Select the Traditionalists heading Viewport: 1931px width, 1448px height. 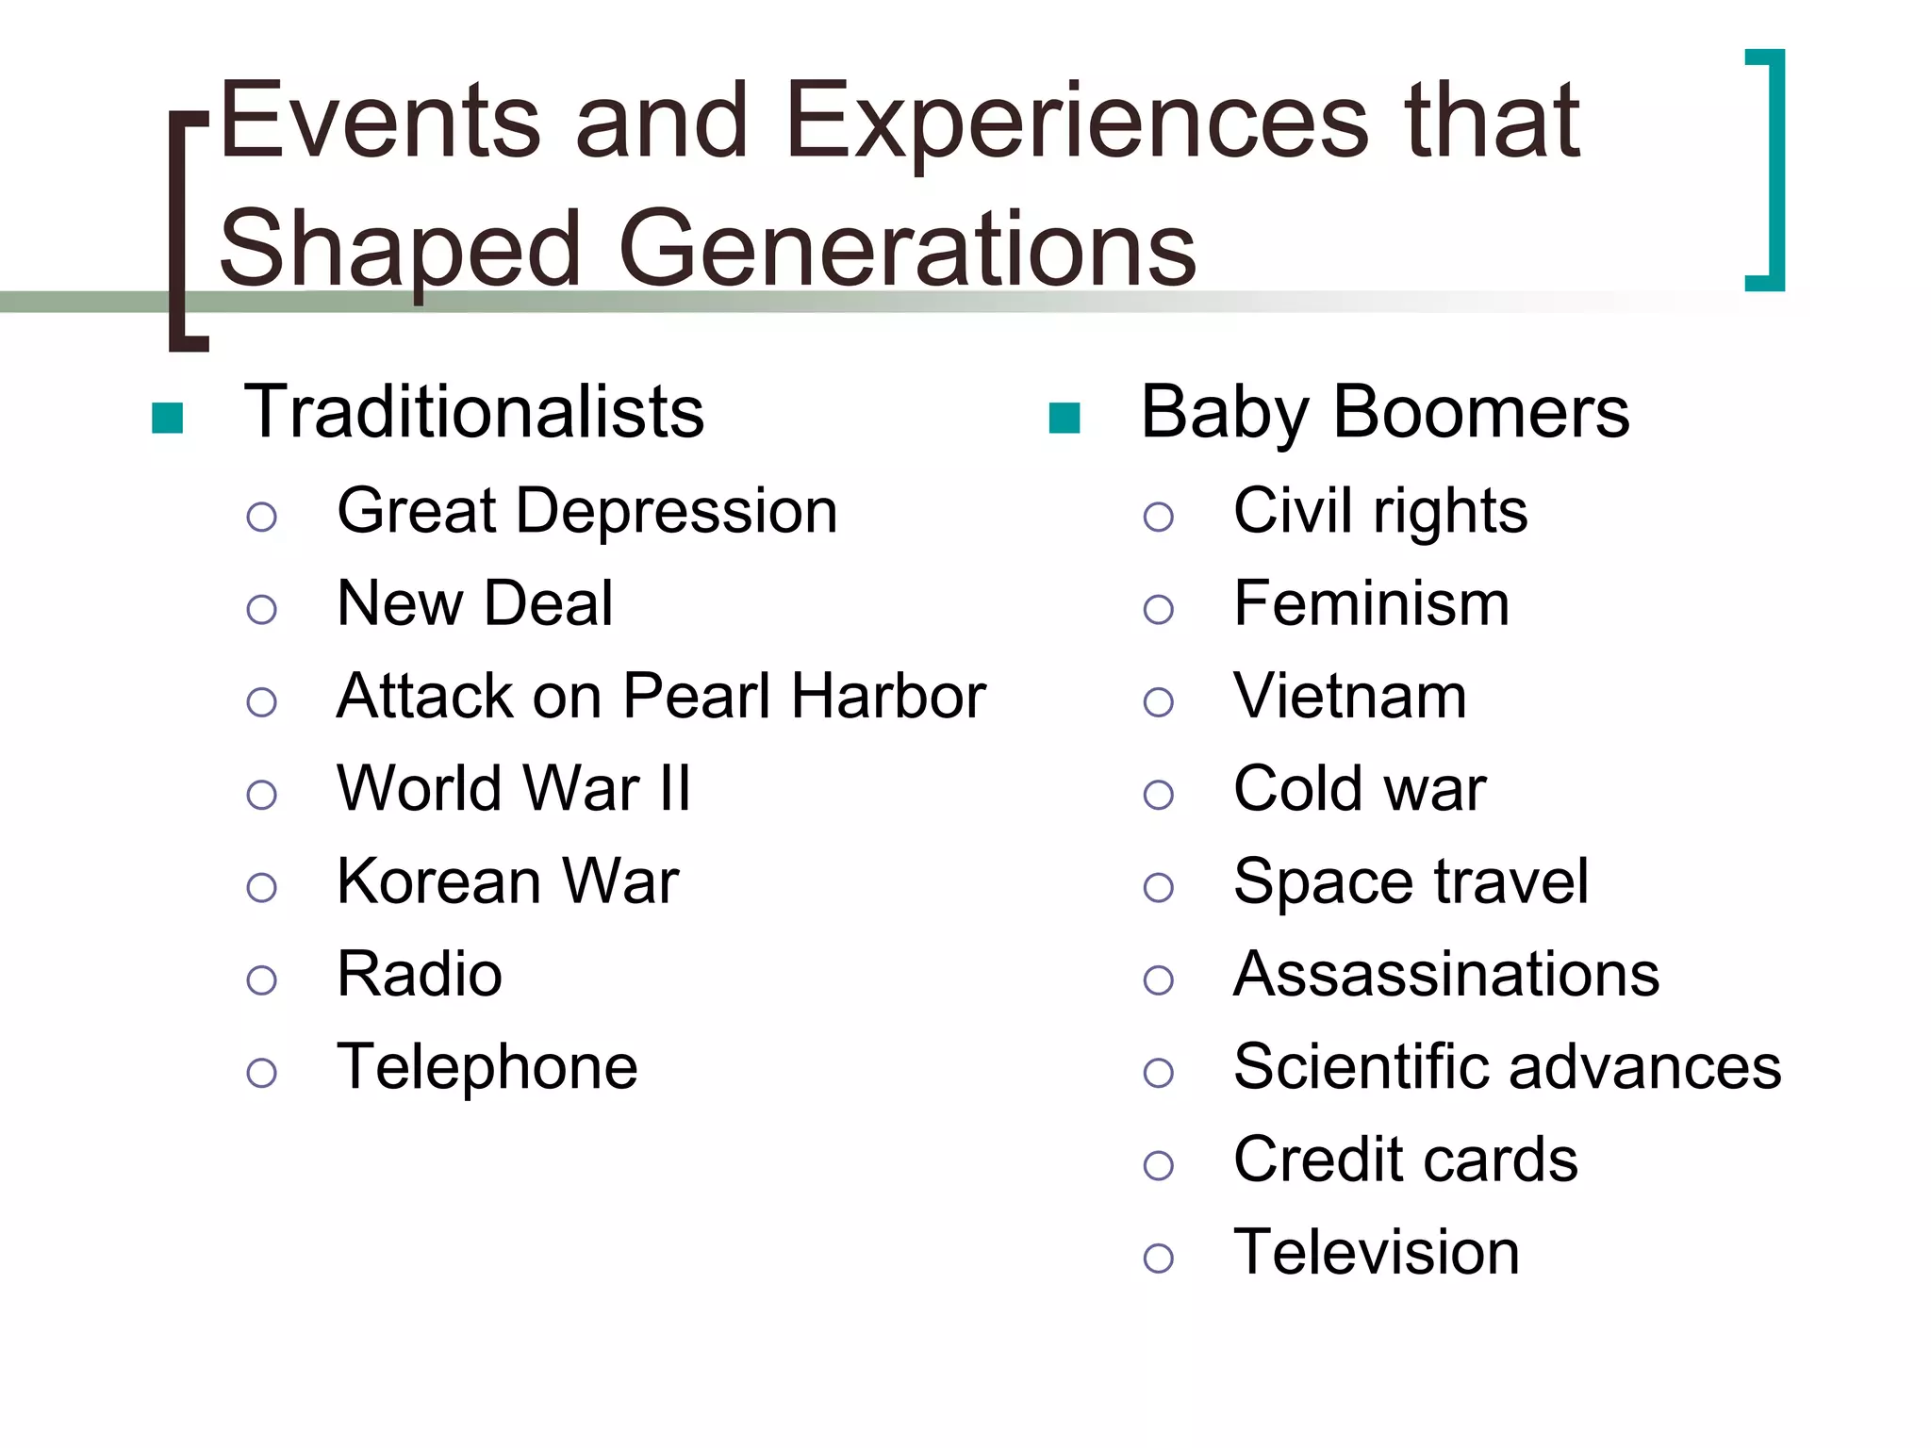tap(473, 413)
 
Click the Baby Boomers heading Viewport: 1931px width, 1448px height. tap(1384, 413)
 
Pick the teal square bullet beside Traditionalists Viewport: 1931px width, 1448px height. tap(167, 418)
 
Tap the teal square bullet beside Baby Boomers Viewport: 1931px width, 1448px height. tap(1064, 418)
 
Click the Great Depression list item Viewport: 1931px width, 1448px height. tap(586, 512)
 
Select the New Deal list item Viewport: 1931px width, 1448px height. tap(474, 603)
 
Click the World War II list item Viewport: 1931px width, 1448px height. tap(514, 788)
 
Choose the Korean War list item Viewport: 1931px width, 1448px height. tap(507, 881)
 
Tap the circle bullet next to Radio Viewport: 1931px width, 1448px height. tap(261, 980)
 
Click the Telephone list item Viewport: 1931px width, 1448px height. tap(487, 1067)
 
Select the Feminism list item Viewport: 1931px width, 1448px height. tap(1371, 603)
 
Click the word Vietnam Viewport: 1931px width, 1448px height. tap(1349, 697)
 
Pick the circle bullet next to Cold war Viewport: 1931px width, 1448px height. tap(1158, 795)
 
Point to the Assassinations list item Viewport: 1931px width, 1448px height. tap(1445, 974)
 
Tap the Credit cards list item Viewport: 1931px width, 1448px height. tap(1405, 1160)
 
